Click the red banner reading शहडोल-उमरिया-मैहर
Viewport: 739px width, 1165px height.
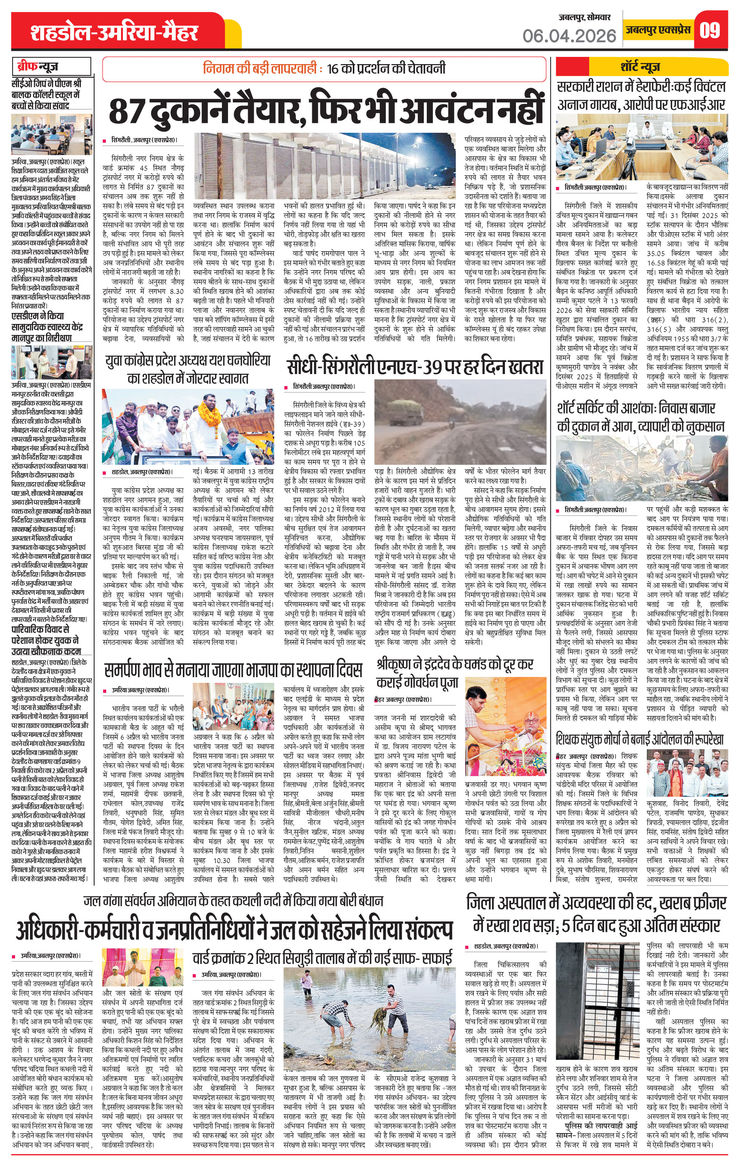click(114, 32)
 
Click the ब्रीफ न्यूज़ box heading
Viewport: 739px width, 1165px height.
click(51, 67)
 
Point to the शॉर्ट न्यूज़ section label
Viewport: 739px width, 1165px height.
click(640, 66)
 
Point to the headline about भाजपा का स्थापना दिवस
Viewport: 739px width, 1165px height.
click(233, 670)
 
